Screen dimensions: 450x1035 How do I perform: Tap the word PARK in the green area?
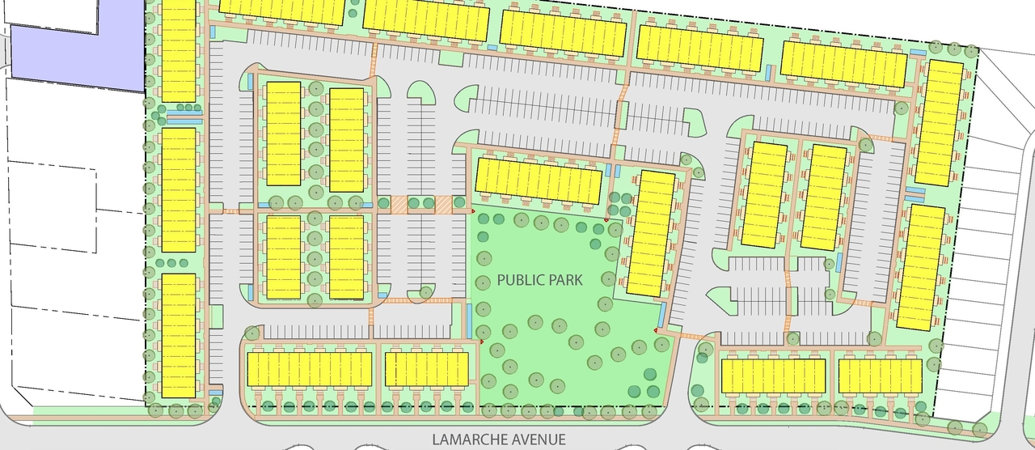click(575, 280)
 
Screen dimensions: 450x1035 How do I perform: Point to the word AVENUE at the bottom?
click(536, 440)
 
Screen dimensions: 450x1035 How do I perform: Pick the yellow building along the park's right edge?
click(652, 233)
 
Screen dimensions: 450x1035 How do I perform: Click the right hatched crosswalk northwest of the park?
click(444, 205)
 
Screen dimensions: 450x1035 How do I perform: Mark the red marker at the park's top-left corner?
click(473, 211)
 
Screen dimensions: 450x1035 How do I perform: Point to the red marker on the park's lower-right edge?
click(656, 330)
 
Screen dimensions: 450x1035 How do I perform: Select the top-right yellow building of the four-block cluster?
click(346, 139)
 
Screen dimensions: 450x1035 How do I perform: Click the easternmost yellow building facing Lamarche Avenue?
click(880, 376)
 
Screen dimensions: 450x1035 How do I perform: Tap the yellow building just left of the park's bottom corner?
click(426, 369)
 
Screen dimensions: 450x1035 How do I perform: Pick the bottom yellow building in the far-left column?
click(179, 335)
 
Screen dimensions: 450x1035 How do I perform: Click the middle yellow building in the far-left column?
click(179, 189)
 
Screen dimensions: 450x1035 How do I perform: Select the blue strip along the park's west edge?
click(470, 321)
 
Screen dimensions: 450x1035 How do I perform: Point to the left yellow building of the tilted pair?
click(764, 194)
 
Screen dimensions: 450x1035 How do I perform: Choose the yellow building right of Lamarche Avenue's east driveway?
click(773, 376)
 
